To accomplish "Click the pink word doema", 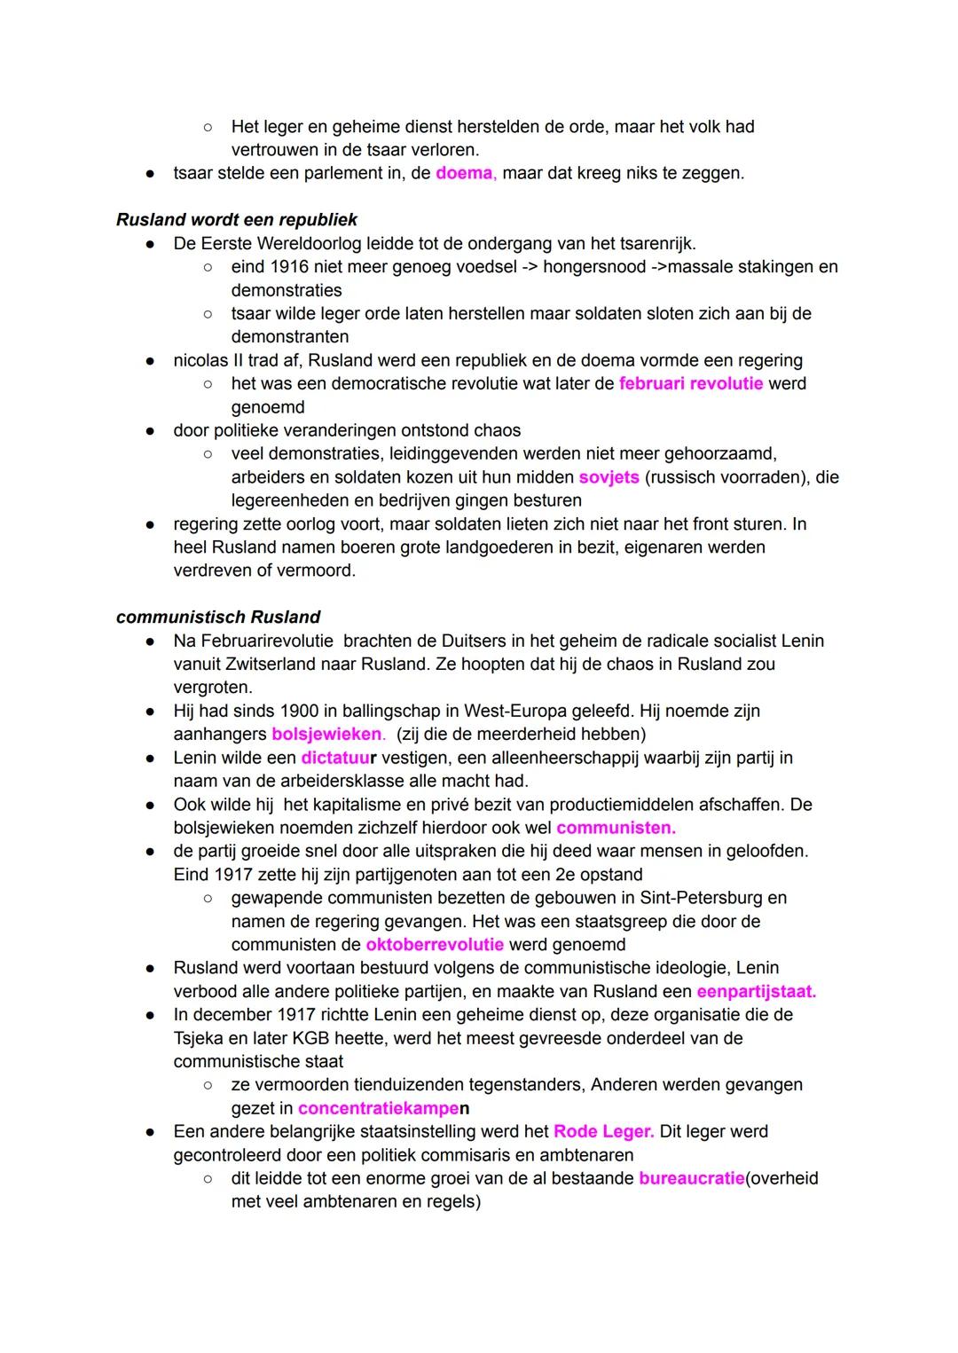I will tap(465, 173).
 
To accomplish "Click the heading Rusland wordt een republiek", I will tap(237, 219).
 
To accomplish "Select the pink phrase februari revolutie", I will tap(691, 383).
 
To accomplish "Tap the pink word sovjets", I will tap(609, 477).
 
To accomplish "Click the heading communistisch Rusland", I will tap(218, 617).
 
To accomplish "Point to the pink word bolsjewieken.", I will tap(327, 735).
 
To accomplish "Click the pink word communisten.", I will tap(616, 828).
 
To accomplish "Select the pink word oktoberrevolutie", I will tap(435, 945).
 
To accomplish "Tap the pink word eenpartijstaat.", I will tap(756, 991).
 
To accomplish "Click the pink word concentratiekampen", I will tap(383, 1108).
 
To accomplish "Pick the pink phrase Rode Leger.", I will tap(603, 1131).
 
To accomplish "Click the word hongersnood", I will tap(594, 267).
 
